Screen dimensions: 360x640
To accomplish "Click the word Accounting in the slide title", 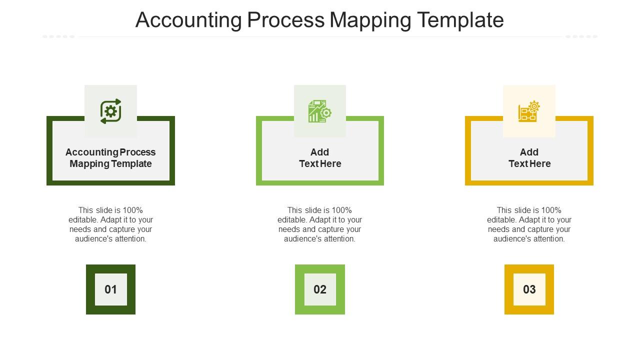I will [x=188, y=20].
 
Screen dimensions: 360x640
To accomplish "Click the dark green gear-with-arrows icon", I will [x=110, y=111].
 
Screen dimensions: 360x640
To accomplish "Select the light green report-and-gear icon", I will [x=320, y=111].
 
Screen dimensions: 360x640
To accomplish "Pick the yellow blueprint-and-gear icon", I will [x=529, y=111].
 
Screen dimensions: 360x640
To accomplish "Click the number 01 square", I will [x=110, y=289].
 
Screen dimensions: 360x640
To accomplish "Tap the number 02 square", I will [x=320, y=289].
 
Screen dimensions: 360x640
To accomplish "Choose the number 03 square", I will [x=529, y=289].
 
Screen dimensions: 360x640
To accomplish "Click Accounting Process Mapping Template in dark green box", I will [x=110, y=158].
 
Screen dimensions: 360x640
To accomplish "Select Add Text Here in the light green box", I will [x=320, y=158].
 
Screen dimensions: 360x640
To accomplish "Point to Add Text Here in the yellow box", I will [x=529, y=158].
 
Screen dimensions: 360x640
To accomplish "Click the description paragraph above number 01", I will [x=110, y=224].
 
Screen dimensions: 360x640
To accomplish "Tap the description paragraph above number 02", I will [x=320, y=224].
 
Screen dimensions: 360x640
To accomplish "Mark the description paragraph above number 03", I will [x=529, y=224].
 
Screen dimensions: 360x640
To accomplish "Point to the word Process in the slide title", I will [x=285, y=20].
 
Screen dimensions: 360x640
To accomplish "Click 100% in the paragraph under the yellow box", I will [x=551, y=210].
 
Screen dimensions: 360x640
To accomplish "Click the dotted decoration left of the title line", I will [x=58, y=36].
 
